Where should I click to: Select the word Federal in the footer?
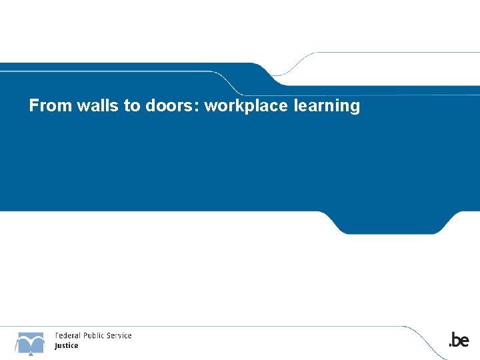68,335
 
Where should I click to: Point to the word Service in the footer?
119,335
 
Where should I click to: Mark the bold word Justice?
67,345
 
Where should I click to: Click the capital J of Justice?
56,346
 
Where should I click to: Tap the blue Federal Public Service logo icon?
30,342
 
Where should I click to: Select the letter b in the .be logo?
455,340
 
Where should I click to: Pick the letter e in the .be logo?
465,341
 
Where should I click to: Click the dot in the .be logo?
449,345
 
